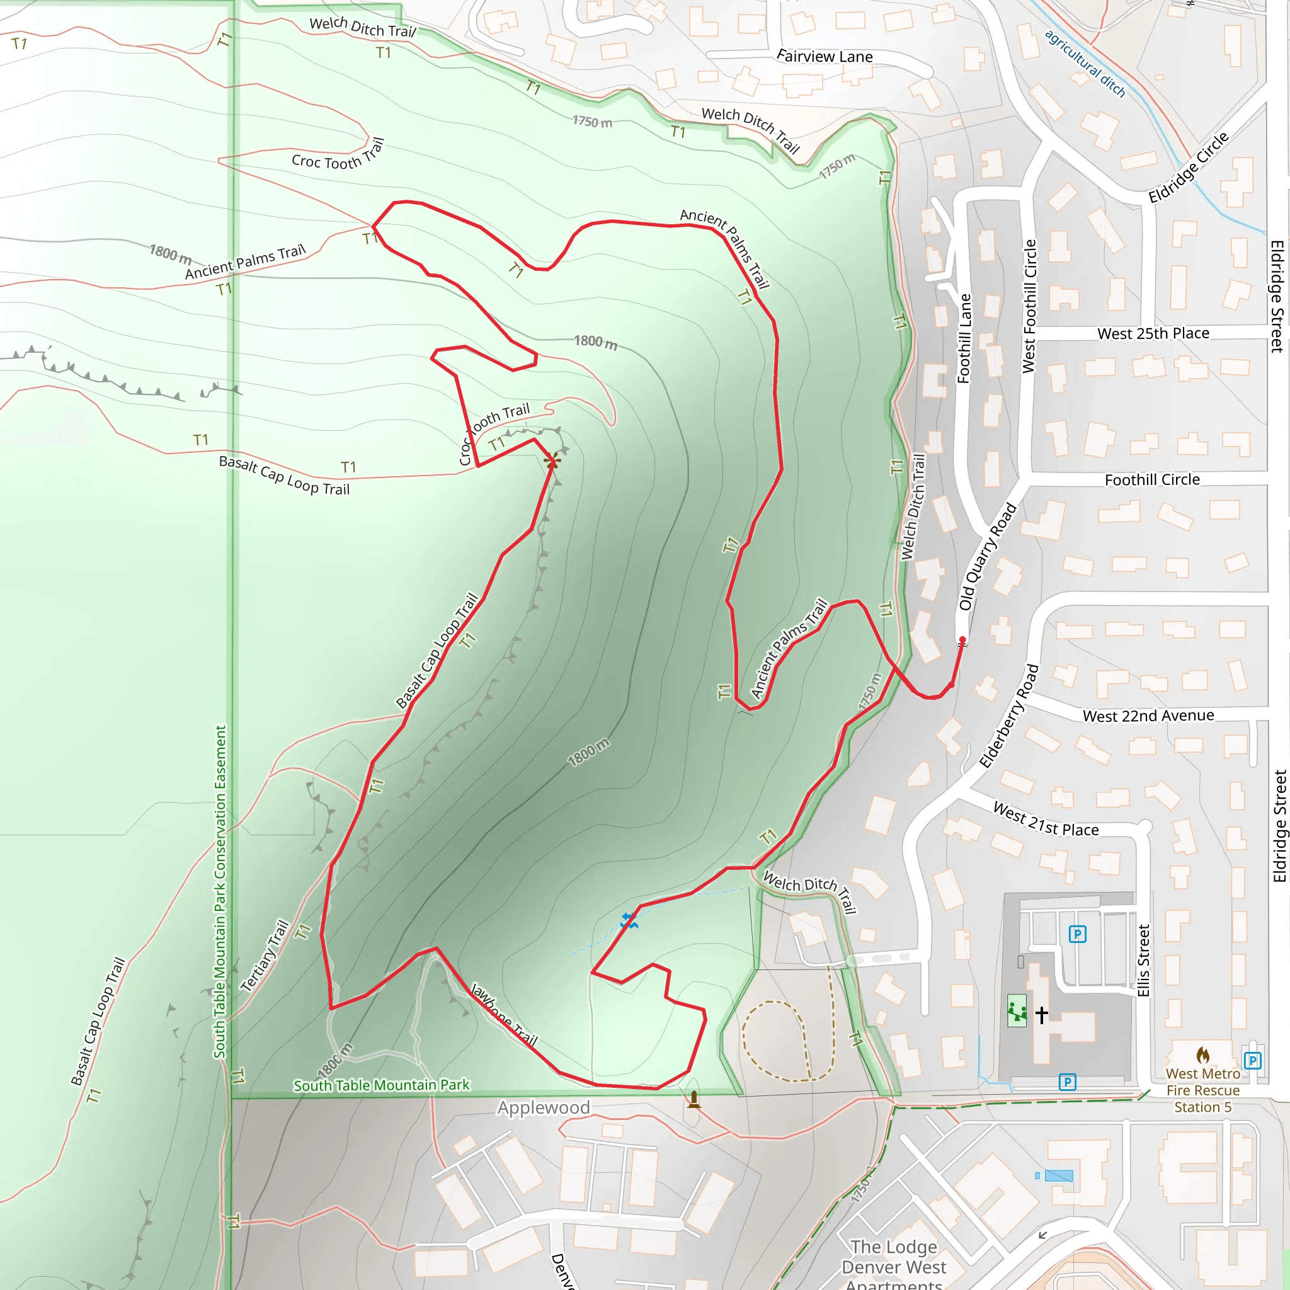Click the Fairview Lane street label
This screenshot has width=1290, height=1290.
[x=825, y=57]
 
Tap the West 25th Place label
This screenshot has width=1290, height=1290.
[x=1153, y=333]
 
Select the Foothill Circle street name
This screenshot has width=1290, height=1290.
[x=1152, y=479]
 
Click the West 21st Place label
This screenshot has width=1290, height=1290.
[x=1046, y=819]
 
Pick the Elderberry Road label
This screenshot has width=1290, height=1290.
[x=1009, y=716]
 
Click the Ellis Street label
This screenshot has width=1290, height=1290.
[x=1144, y=960]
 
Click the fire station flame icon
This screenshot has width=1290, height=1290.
[x=1202, y=1055]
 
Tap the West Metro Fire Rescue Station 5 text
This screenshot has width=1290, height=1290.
[x=1202, y=1090]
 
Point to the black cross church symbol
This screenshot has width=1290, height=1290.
[x=1042, y=1015]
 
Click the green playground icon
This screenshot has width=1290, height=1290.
[x=1017, y=1011]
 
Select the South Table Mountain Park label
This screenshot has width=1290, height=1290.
[x=381, y=1085]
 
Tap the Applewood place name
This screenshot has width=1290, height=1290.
[x=543, y=1108]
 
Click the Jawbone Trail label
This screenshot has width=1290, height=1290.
[x=504, y=1013]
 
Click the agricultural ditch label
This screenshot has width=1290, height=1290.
[x=1085, y=64]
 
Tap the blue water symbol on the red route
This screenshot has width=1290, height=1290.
[x=628, y=921]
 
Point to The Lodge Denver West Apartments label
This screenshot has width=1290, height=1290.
[x=893, y=1267]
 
